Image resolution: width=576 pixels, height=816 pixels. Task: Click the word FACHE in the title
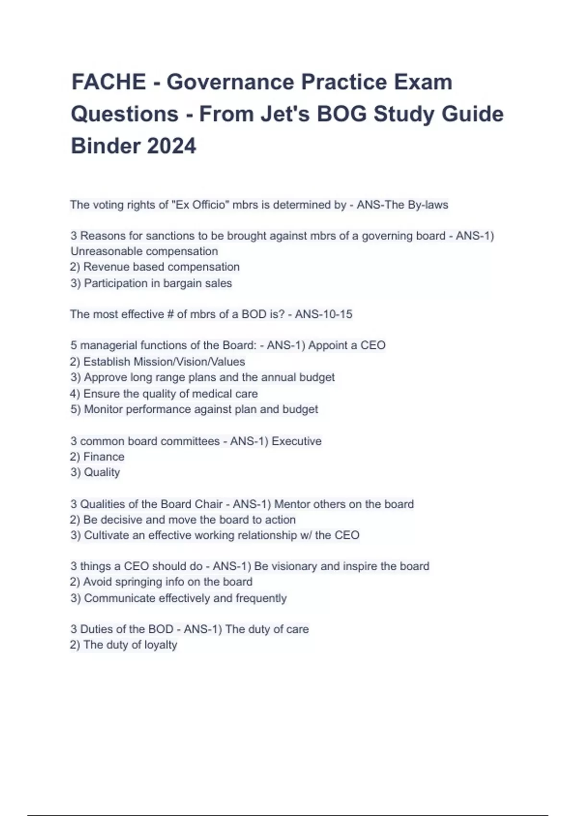(108, 82)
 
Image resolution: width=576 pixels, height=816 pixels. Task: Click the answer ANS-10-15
(324, 314)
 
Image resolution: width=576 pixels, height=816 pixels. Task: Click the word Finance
(104, 457)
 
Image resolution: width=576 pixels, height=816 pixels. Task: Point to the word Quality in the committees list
(102, 473)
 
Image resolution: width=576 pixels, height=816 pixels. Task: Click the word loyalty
(160, 645)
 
